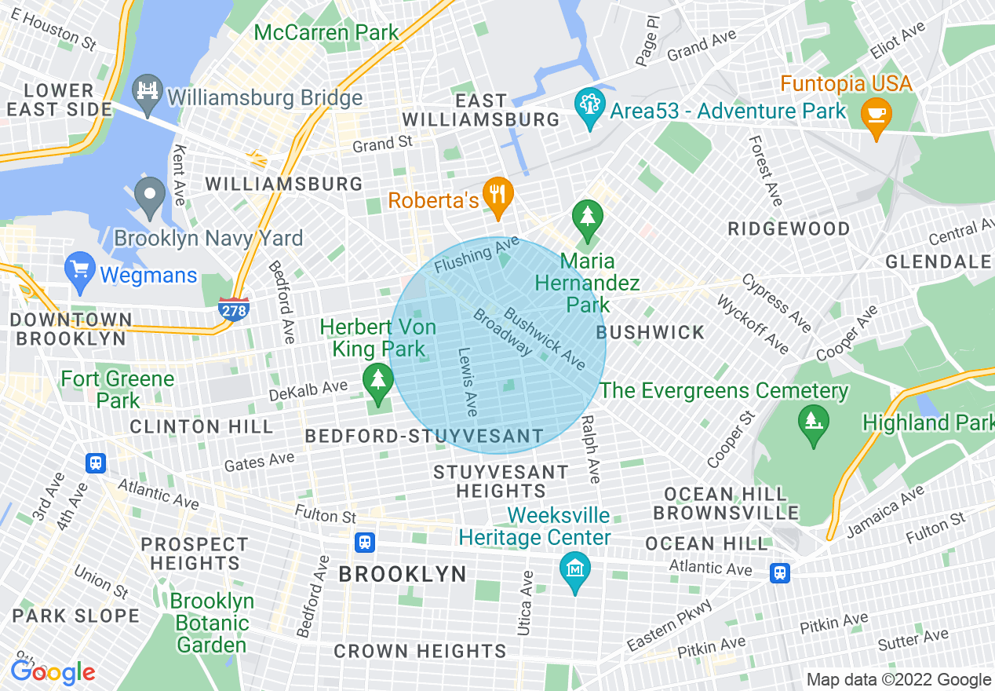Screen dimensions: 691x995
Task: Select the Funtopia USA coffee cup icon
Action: click(x=877, y=115)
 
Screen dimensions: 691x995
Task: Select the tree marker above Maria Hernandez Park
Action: click(x=587, y=215)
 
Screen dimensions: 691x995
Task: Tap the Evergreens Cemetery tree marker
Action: click(x=813, y=421)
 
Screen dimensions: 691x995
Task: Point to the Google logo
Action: click(x=53, y=672)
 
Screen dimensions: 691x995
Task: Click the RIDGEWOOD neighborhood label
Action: click(x=789, y=229)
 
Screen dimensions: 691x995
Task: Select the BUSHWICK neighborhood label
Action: click(x=651, y=332)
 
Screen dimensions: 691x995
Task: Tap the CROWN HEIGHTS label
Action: click(x=420, y=651)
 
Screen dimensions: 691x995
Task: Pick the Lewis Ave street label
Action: click(x=468, y=382)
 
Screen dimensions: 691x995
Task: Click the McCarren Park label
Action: click(x=327, y=33)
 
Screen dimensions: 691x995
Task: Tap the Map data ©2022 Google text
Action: click(x=899, y=680)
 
